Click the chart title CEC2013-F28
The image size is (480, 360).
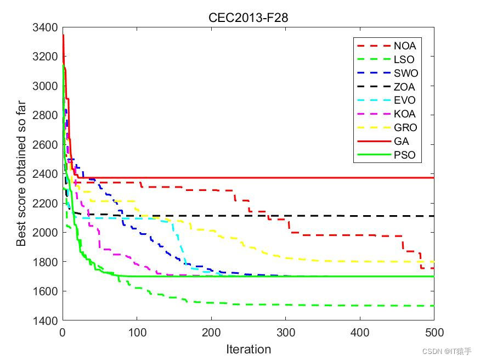click(x=249, y=18)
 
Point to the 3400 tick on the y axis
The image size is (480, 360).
click(x=45, y=27)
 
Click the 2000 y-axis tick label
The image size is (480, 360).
click(x=45, y=233)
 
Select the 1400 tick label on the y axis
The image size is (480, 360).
click(x=45, y=321)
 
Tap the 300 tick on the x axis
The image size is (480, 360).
click(x=286, y=333)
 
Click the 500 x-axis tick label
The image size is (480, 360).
click(x=434, y=333)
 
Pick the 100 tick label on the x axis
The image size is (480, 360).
click(x=137, y=333)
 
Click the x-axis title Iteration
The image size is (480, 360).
click(x=249, y=349)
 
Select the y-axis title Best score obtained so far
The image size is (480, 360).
click(x=21, y=173)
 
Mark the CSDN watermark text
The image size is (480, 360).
click(x=447, y=351)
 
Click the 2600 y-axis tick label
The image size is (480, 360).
click(x=45, y=144)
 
